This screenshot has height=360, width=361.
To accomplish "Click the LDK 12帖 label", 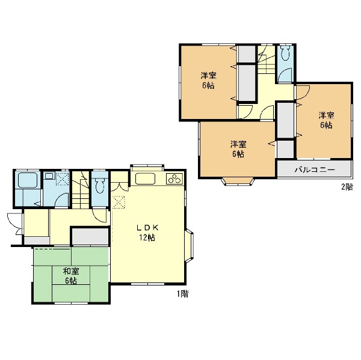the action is click(x=147, y=233).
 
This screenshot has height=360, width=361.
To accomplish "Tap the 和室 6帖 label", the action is click(x=71, y=276).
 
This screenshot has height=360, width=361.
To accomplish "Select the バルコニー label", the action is click(x=315, y=170).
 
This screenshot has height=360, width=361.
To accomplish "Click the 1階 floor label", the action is click(x=182, y=294).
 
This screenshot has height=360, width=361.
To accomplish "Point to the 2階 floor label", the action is click(x=347, y=187).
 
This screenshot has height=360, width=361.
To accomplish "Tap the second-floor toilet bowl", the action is click(x=285, y=53).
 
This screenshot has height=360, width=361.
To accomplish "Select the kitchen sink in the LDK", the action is click(x=145, y=178).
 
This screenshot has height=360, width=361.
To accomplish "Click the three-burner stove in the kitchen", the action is click(x=175, y=178).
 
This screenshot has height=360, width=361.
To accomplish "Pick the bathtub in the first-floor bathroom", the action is click(x=28, y=180).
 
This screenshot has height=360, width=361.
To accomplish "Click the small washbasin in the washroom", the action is click(x=49, y=177).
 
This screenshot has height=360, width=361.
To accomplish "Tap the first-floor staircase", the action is click(x=81, y=189).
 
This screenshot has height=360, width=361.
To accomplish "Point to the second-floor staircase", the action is click(x=267, y=59).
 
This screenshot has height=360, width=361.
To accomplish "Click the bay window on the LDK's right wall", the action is click(x=190, y=245).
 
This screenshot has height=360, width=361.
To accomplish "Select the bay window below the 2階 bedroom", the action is click(x=238, y=182).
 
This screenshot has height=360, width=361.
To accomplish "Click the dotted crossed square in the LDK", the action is click(x=119, y=202).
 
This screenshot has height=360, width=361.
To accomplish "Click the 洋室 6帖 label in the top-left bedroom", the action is click(x=208, y=81).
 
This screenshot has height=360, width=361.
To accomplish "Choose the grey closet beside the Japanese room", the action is click(x=90, y=236).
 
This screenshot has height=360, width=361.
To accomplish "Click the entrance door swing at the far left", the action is click(x=14, y=224).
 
